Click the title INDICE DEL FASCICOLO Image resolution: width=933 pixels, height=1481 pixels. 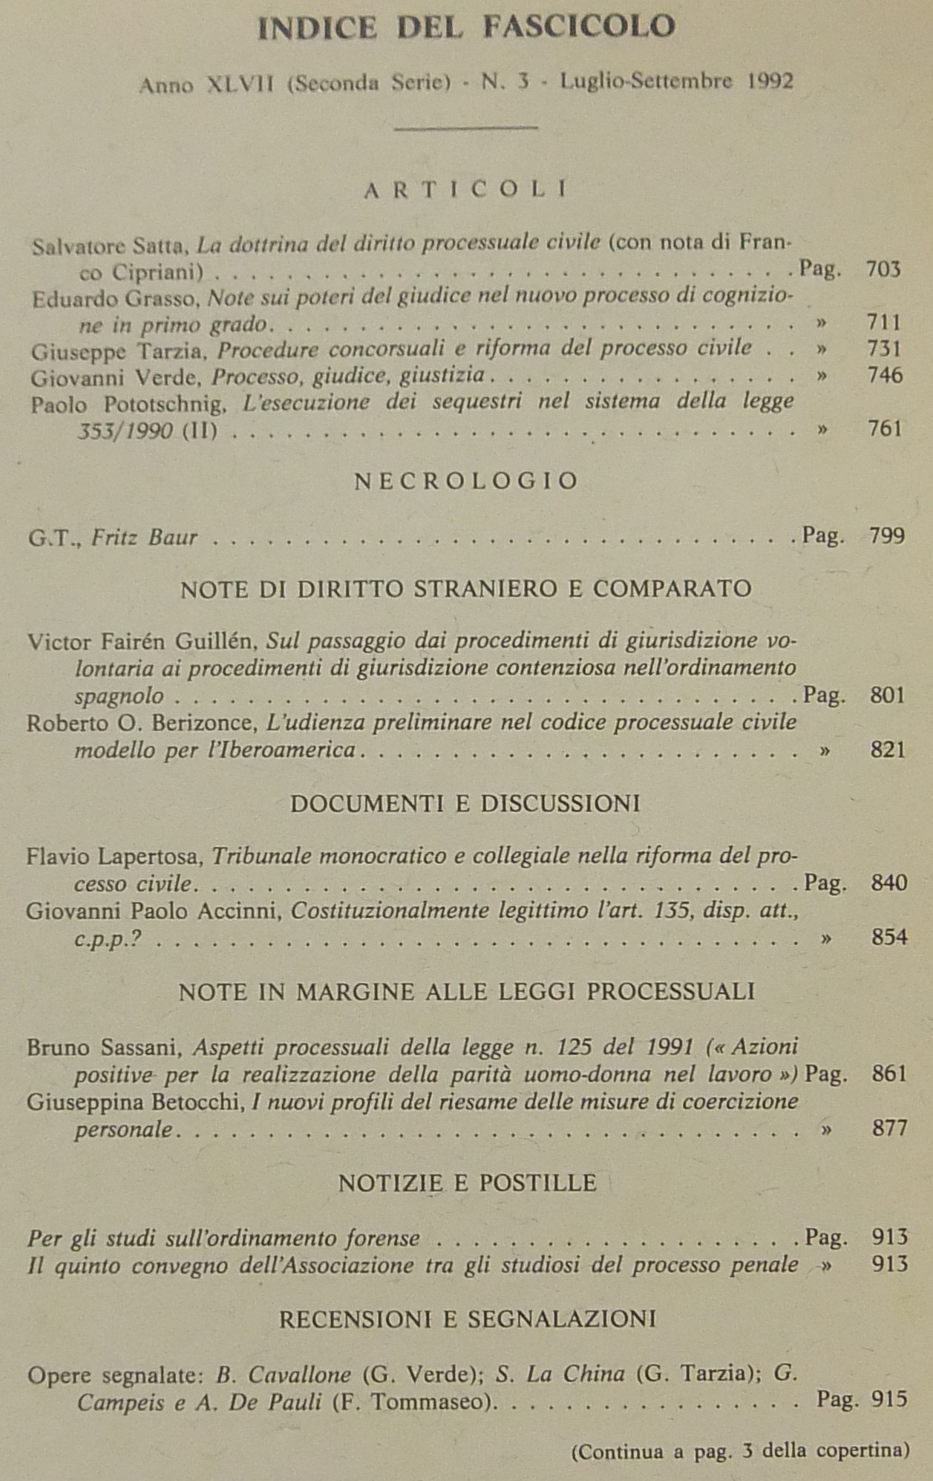(466, 27)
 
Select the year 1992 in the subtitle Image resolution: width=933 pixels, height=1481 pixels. (770, 80)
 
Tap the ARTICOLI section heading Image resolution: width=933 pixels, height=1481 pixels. (466, 190)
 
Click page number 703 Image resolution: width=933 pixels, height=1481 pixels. (883, 269)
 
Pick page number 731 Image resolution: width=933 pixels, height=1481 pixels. (884, 348)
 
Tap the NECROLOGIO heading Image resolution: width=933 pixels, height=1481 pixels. (466, 482)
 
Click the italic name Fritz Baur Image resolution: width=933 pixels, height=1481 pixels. (144, 537)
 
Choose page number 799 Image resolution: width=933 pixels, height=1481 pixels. (886, 535)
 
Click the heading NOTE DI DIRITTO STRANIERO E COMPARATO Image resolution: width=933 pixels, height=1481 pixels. (466, 589)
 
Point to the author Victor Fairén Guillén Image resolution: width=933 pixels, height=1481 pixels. (141, 641)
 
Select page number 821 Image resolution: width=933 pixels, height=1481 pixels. (888, 750)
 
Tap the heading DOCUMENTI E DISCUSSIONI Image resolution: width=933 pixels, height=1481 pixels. (465, 804)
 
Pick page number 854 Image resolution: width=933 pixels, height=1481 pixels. (889, 937)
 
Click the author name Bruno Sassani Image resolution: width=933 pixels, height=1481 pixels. (105, 1047)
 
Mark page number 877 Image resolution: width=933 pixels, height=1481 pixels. (889, 1128)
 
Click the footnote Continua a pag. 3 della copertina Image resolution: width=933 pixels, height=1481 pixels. (741, 1451)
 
